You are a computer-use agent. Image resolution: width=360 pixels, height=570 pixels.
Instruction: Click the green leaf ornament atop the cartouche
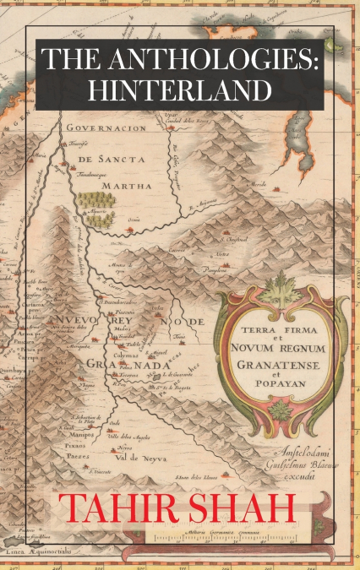tap(280, 290)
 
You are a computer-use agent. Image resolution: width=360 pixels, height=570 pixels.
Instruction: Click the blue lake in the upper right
tap(305, 148)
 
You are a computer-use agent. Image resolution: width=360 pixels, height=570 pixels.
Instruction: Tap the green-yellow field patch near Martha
tap(95, 207)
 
